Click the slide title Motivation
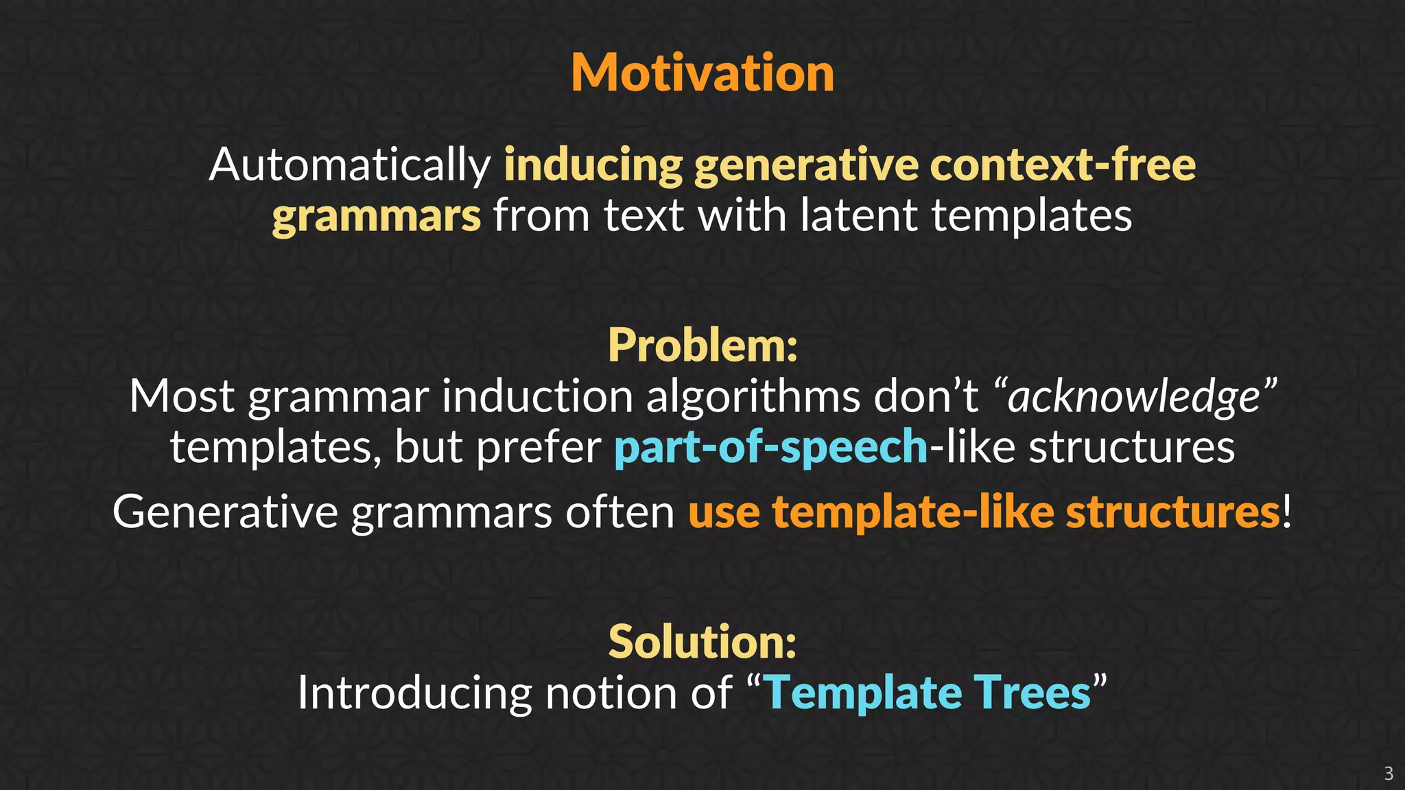702,73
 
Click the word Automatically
350,165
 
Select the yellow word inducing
593,165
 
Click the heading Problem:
702,345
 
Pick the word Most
182,396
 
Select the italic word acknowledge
1134,396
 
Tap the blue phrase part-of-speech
770,447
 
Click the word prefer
539,447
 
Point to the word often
619,512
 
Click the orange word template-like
912,512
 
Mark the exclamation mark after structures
1287,512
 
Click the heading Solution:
702,642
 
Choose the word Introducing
414,693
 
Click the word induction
537,396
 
